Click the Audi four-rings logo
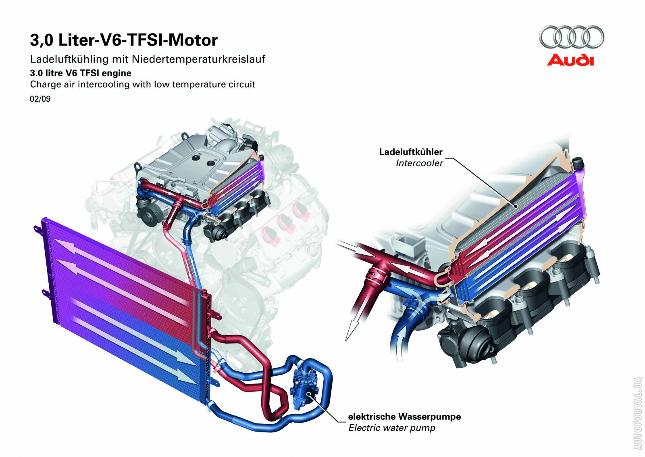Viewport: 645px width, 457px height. [571, 38]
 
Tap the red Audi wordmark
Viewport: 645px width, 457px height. [570, 60]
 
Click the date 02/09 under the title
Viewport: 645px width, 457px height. [40, 99]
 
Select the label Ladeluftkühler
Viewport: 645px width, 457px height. [410, 152]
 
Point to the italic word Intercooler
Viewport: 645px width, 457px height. [419, 163]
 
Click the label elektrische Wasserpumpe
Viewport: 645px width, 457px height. [404, 417]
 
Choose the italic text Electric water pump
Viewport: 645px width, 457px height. [392, 428]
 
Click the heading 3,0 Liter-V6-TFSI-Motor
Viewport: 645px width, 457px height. [124, 40]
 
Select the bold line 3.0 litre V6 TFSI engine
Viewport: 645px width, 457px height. [81, 73]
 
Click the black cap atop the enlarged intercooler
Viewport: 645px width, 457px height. [579, 163]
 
